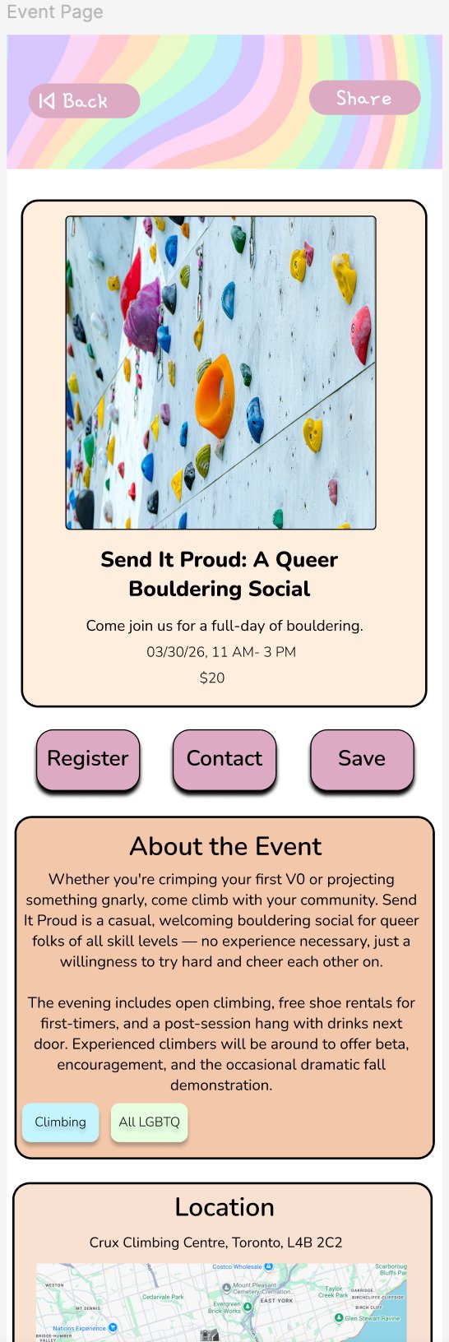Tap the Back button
[x=84, y=101]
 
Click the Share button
[x=364, y=99]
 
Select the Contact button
[x=224, y=759]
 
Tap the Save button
[x=362, y=759]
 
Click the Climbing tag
[x=60, y=1122]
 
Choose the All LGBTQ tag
[x=149, y=1122]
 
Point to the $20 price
[x=212, y=678]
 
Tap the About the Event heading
[x=225, y=847]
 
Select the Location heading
[x=224, y=1207]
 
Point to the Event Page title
[x=55, y=12]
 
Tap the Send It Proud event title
[x=220, y=574]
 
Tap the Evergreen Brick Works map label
[x=227, y=1307]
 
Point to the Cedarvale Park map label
[x=163, y=1297]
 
